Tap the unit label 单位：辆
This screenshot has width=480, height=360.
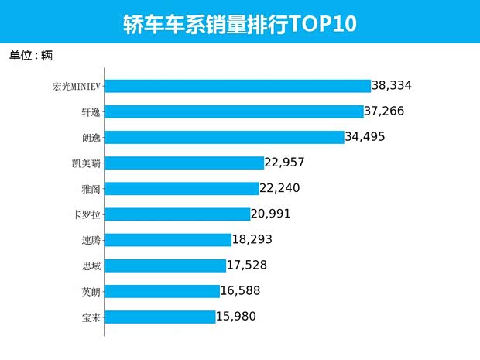[31, 56]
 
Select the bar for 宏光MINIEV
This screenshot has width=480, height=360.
[237, 86]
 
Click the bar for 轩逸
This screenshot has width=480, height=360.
[233, 111]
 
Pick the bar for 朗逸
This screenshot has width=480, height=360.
[224, 137]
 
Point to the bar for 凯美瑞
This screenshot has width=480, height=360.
[183, 163]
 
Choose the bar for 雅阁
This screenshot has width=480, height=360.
[181, 188]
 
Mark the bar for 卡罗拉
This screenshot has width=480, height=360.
[177, 214]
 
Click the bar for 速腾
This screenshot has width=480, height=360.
[168, 239]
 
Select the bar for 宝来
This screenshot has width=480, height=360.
[159, 316]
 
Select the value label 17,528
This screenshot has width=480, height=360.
[247, 265]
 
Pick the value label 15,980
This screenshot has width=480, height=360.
[235, 316]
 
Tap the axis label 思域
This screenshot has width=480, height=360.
[90, 265]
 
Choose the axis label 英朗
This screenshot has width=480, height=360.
[90, 291]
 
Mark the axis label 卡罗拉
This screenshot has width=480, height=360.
[85, 214]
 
